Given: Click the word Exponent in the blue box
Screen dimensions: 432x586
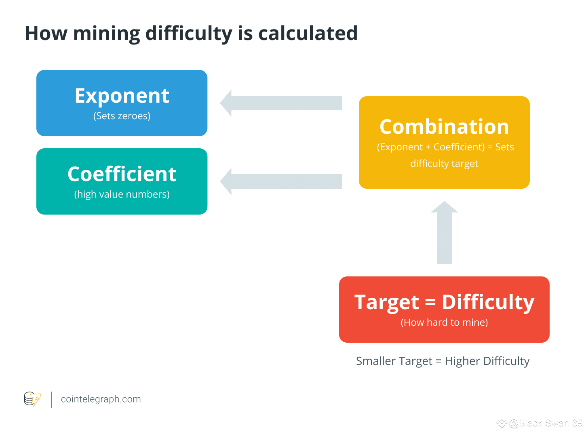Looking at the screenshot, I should click(122, 96).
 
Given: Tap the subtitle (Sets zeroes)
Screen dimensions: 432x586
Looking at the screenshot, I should click(122, 116).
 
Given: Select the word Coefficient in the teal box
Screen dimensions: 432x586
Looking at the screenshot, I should click(122, 174).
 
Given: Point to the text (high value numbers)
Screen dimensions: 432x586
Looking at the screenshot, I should click(122, 194).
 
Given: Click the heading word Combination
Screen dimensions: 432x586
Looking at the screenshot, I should click(444, 127).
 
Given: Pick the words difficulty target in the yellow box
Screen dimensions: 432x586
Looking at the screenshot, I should click(444, 164).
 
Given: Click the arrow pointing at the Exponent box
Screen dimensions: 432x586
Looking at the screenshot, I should click(281, 103).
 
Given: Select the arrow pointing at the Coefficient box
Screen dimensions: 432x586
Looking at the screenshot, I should click(281, 181).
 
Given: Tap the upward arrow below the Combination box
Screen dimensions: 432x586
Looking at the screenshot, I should click(444, 233).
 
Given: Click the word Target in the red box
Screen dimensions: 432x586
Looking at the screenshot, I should click(387, 302).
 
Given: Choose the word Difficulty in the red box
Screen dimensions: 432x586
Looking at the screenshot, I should click(488, 302).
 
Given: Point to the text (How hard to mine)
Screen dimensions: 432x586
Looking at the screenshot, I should click(444, 322).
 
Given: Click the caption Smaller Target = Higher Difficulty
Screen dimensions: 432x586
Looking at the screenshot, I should click(443, 361).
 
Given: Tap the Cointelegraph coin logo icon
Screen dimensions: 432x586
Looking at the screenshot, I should click(32, 399).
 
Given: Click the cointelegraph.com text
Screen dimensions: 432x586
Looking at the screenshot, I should click(101, 399).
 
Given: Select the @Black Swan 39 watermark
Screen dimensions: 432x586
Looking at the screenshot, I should click(545, 423).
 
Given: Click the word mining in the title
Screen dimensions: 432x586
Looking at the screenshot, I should click(106, 34).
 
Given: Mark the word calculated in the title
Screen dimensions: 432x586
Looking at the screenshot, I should click(308, 34).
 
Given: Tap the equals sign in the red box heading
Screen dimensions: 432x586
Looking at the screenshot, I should click(430, 302).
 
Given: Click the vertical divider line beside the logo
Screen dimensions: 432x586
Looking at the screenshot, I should click(51, 399).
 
